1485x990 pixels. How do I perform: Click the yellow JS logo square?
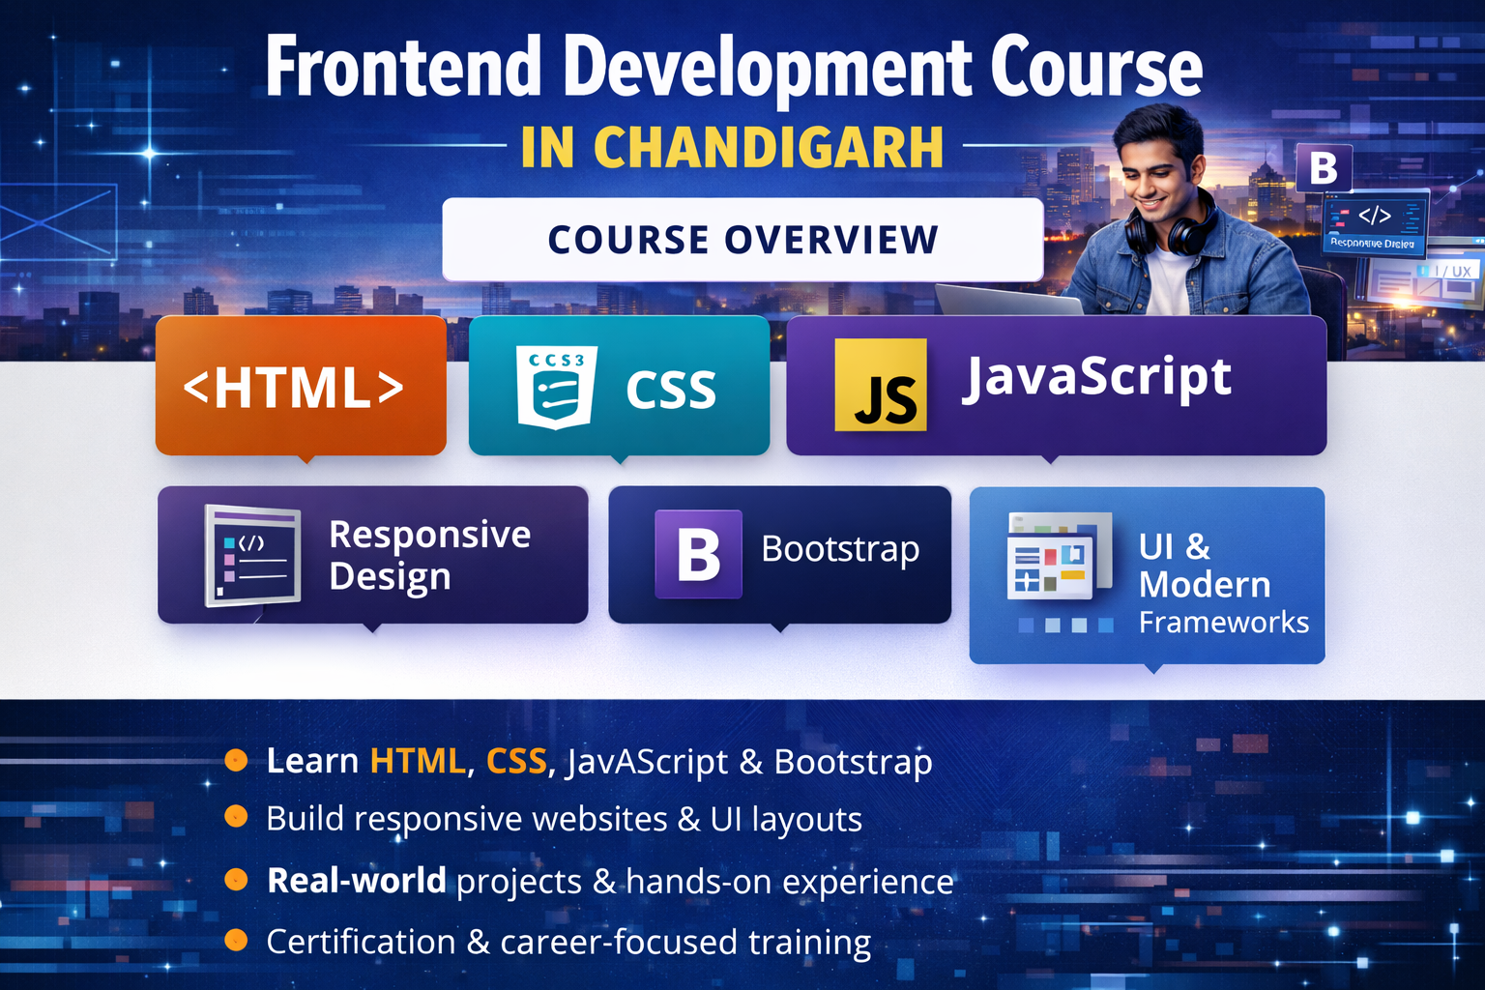click(880, 385)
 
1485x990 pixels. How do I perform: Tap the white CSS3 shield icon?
click(556, 387)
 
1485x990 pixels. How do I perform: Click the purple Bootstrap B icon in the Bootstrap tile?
click(698, 554)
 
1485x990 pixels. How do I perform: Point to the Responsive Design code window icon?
click(252, 556)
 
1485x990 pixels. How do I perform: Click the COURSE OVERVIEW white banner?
click(742, 240)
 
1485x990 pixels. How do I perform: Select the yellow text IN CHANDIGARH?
click(732, 148)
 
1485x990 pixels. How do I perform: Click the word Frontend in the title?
click(403, 68)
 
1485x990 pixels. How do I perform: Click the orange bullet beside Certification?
click(236, 940)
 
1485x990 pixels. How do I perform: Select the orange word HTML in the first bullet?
click(417, 762)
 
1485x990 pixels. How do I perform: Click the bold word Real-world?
click(356, 881)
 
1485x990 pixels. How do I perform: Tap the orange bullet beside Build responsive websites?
click(236, 818)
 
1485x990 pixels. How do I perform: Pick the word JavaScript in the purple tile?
click(1096, 377)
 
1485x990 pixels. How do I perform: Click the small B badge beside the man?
click(1323, 168)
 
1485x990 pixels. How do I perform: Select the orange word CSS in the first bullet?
click(516, 762)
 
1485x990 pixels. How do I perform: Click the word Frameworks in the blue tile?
click(1223, 623)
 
